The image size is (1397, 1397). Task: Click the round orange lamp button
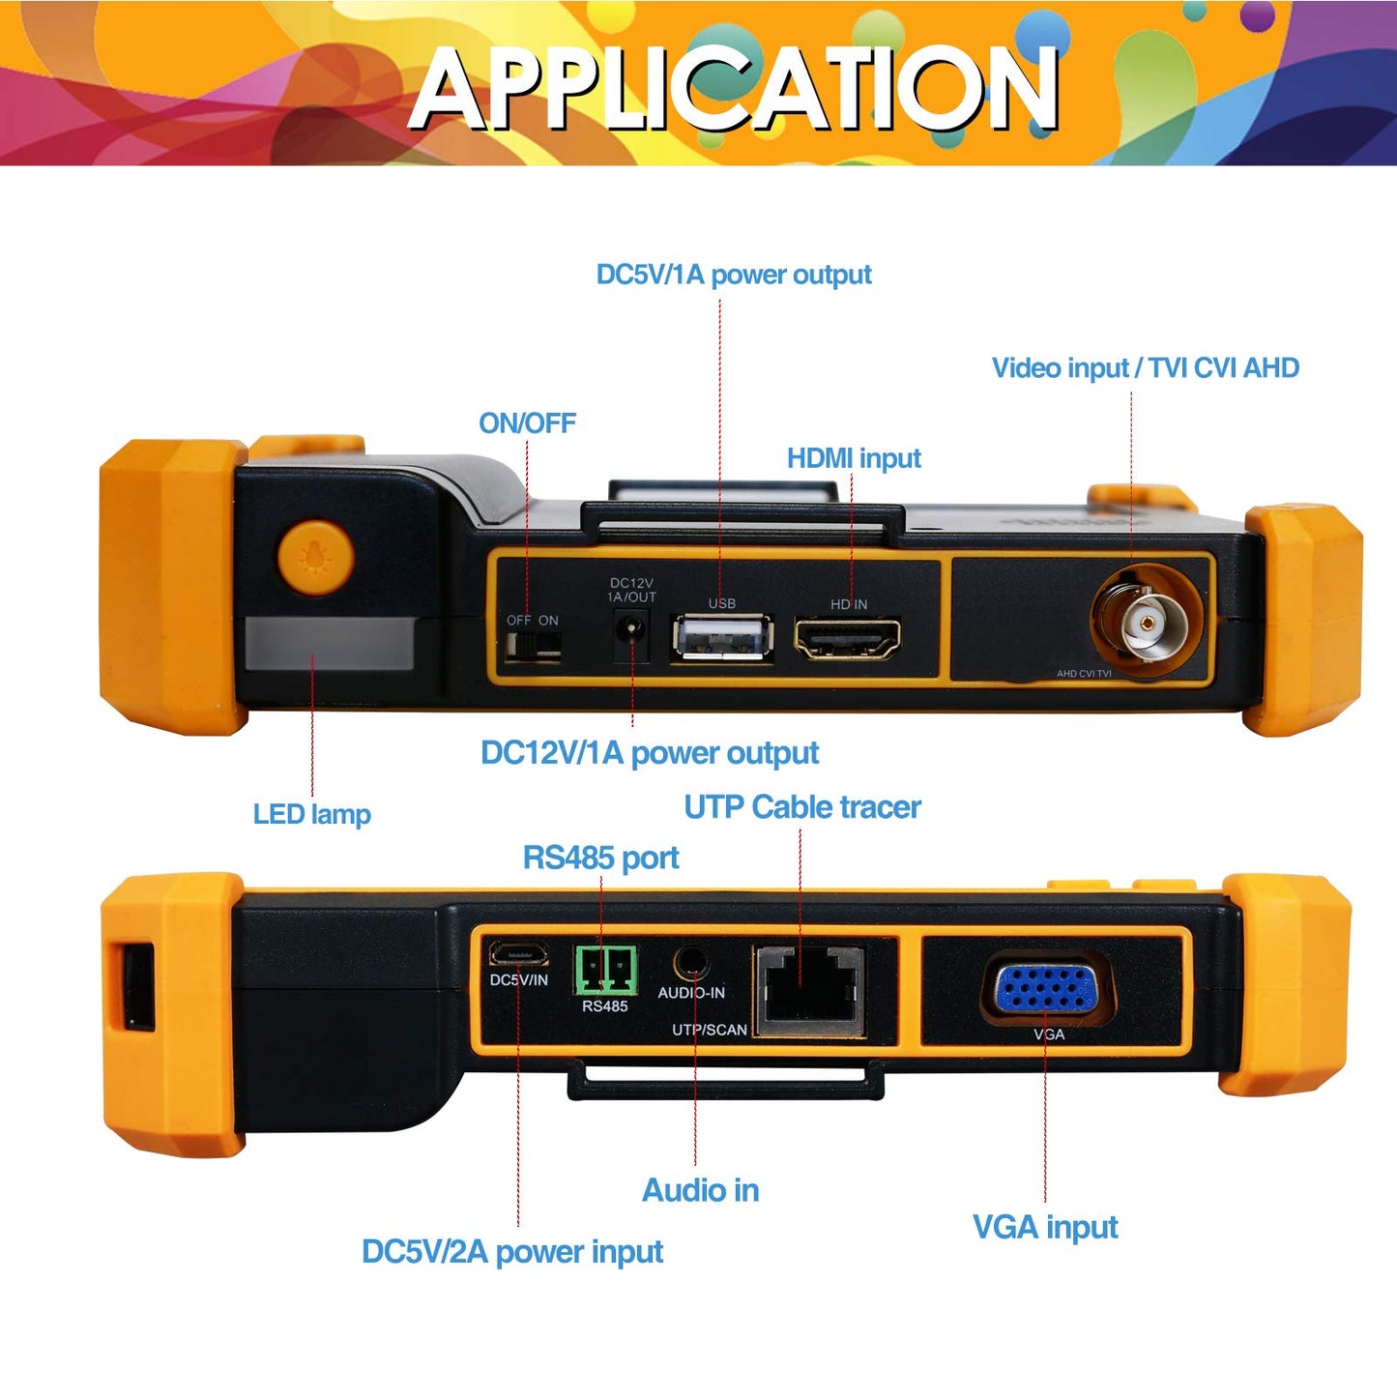point(315,557)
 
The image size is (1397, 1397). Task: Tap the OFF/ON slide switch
point(534,645)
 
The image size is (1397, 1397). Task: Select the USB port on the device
point(723,638)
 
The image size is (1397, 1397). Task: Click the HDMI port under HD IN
point(848,638)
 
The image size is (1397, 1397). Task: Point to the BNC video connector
point(1144,622)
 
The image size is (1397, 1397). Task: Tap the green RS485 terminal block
point(606,970)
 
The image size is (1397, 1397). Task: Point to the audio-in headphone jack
point(691,964)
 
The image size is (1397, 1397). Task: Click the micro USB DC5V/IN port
point(518,953)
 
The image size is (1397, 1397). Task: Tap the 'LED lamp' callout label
point(311,814)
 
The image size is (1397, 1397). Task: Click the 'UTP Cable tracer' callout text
point(802,807)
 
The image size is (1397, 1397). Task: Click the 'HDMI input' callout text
point(854,458)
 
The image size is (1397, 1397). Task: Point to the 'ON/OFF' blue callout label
point(527,422)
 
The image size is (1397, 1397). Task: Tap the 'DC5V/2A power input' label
point(512,1252)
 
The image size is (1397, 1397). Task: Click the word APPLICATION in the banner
point(734,88)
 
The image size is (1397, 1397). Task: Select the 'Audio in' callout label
point(700,1190)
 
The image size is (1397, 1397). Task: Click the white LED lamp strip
point(330,643)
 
